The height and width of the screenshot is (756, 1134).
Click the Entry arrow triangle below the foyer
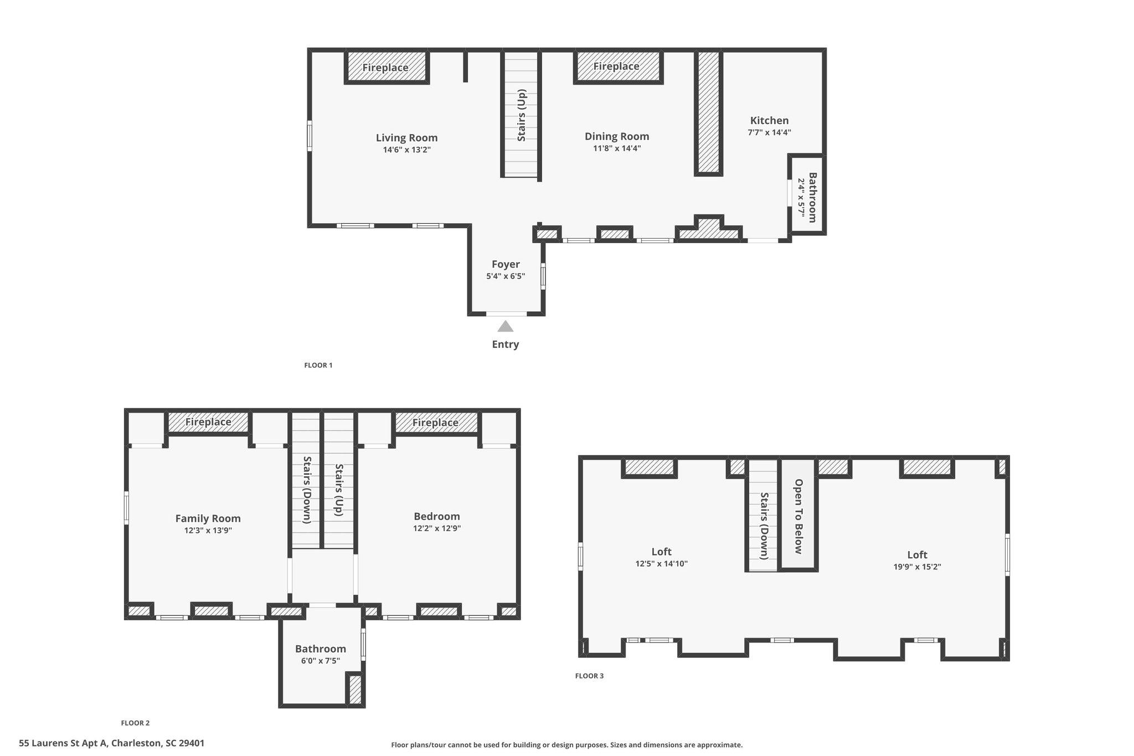[x=505, y=326]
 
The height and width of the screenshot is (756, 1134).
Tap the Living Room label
[x=406, y=138]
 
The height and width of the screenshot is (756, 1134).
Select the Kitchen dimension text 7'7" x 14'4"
[x=769, y=132]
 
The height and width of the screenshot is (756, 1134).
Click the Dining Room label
[x=617, y=136]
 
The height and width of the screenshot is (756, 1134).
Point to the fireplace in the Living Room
[x=387, y=67]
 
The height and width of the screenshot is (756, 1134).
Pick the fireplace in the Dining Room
[x=618, y=67]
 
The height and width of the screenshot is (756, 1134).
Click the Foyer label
[x=506, y=264]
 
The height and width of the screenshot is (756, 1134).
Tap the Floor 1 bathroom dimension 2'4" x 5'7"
[x=801, y=196]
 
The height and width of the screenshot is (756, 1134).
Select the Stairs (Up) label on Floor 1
[x=521, y=115]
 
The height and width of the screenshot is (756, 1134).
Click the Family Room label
[x=208, y=518]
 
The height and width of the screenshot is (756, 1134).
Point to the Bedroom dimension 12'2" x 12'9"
[x=437, y=528]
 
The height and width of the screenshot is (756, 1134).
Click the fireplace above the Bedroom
[x=436, y=422]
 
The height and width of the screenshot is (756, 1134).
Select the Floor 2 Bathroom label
[x=321, y=649]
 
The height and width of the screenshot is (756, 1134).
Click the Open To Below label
[x=798, y=516]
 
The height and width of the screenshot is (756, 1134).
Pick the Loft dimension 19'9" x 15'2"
[x=917, y=567]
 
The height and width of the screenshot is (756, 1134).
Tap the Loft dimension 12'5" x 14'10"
[x=661, y=564]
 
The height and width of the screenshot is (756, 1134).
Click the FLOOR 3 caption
[x=589, y=676]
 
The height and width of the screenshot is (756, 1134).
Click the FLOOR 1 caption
[x=318, y=365]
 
